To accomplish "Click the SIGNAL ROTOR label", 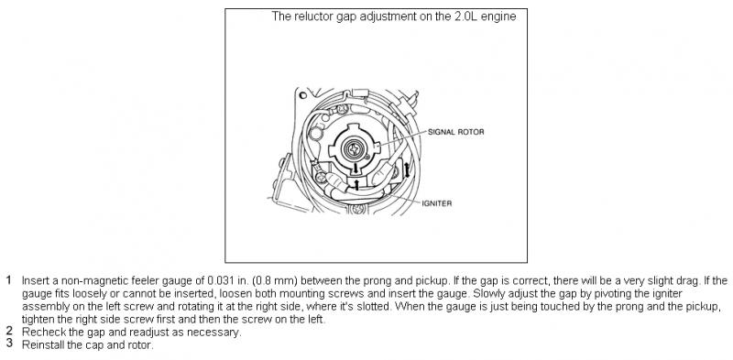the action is coord(455,132).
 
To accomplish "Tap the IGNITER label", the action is coord(437,203).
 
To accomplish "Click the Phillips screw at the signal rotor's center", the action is coord(355,149).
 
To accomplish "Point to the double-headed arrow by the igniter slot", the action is coord(407,170).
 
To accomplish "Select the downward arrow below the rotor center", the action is coord(356,168).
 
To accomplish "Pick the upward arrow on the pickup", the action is coord(357,185).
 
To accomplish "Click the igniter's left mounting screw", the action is coord(321,178).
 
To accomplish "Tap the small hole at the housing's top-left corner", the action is coord(303,95).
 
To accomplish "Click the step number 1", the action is coord(9,280).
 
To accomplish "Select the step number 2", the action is coord(9,332).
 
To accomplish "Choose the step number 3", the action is coord(9,344).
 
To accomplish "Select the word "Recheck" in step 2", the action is coord(38,333).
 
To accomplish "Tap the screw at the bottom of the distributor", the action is coord(359,208).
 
